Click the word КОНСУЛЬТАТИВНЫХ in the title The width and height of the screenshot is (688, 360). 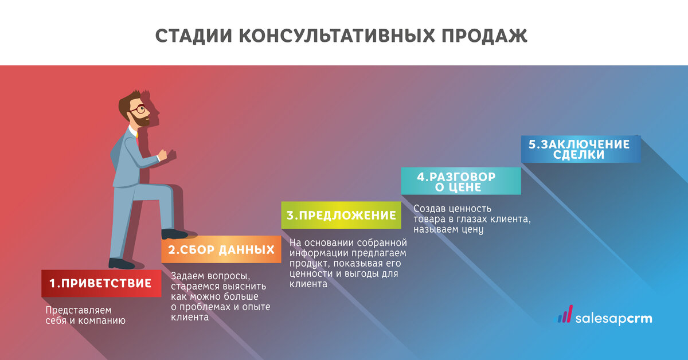(x=337, y=36)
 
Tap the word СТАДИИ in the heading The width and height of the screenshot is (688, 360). (x=194, y=36)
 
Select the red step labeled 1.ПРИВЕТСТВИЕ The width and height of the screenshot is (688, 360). (x=101, y=283)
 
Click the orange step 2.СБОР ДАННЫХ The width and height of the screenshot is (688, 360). (x=221, y=249)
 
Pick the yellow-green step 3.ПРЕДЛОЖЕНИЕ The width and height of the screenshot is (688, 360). (x=341, y=215)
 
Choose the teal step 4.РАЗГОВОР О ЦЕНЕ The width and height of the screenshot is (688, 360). (x=461, y=181)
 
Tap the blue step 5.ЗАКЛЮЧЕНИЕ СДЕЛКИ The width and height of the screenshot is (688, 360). (x=581, y=149)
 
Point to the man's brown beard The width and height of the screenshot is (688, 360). (x=140, y=119)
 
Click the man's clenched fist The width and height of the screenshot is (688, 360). (x=162, y=155)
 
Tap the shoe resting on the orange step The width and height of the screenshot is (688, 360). (x=174, y=234)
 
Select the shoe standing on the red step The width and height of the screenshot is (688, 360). (x=122, y=264)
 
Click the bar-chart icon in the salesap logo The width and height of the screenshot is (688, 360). (x=565, y=314)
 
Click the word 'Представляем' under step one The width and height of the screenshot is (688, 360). (x=79, y=311)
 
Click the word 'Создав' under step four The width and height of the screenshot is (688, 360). (x=429, y=209)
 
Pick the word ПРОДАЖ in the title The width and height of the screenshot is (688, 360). (x=484, y=36)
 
